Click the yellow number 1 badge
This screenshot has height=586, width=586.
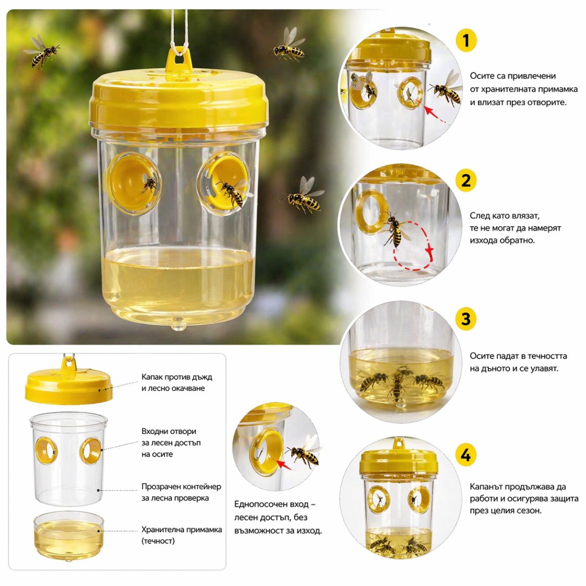pos(466,41)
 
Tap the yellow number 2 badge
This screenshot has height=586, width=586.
pos(466,181)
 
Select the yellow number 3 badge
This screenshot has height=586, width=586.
pos(466,319)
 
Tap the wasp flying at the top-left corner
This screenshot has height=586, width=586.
pos(42,51)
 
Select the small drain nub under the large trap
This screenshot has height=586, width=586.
pos(179,324)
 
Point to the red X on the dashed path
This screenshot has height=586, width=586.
pos(429,250)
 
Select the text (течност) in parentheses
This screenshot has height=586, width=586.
pos(158,541)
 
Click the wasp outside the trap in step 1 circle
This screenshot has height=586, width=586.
pos(446,88)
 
